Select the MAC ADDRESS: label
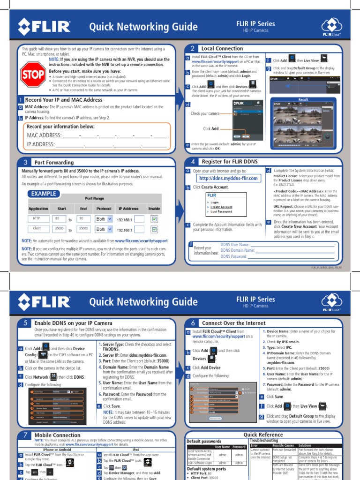click(x=45, y=135)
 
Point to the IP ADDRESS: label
click(x=41, y=144)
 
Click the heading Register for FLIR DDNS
click(x=224, y=162)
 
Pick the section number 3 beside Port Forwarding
click(x=24, y=163)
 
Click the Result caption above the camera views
click(x=303, y=99)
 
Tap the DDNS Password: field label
click(x=233, y=256)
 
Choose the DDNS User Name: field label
click(x=235, y=245)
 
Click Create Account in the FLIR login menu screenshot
click(x=221, y=207)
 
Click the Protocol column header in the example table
click(x=104, y=209)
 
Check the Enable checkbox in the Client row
click(x=154, y=230)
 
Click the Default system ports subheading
click(x=206, y=468)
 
